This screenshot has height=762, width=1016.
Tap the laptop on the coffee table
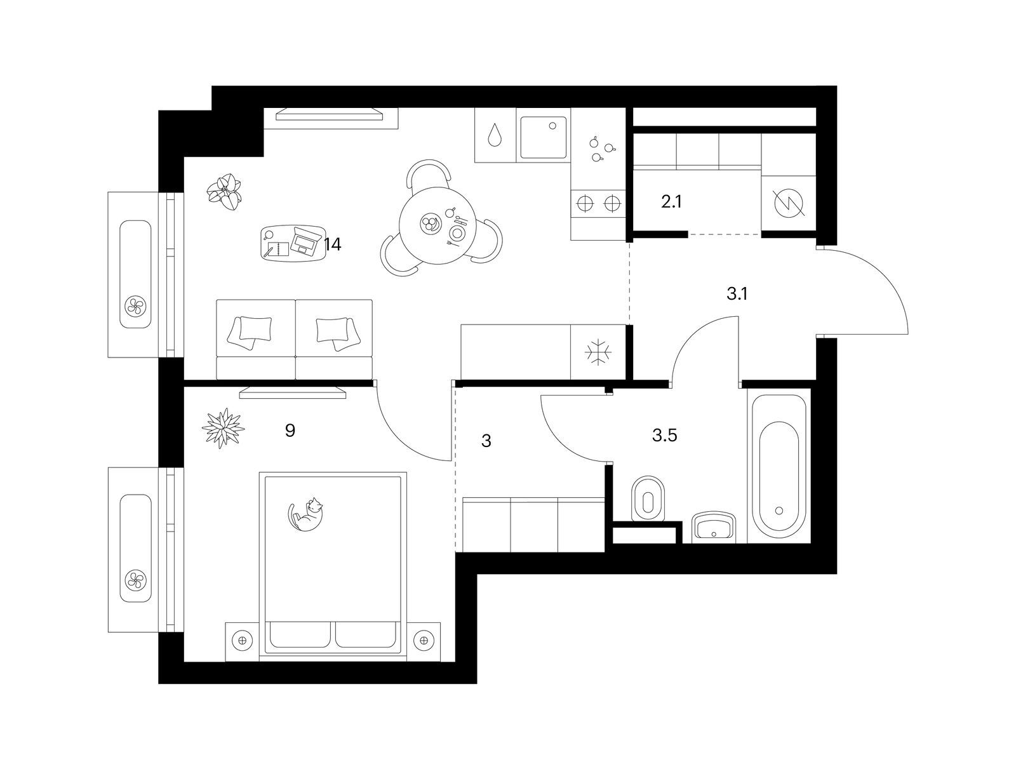point(305,241)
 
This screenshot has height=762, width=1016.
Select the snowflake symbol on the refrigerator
point(598,352)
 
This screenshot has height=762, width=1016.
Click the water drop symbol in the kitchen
point(495,135)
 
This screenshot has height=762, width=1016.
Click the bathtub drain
point(779,511)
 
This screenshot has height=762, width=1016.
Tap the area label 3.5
point(665,436)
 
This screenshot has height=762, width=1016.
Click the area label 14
point(333,244)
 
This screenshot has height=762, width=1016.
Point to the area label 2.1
point(671,202)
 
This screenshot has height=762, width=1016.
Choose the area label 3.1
point(737,293)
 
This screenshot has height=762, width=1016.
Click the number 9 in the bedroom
point(290,431)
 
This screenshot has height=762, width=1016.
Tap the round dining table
point(438,225)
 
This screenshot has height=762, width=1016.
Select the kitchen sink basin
point(544,137)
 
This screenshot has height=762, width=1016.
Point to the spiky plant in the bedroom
point(223,428)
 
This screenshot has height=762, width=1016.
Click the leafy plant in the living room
point(225,192)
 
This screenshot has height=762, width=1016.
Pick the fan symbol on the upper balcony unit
point(136,305)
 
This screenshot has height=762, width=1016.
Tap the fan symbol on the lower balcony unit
point(136,580)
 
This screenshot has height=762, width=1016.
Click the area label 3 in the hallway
point(486,441)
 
